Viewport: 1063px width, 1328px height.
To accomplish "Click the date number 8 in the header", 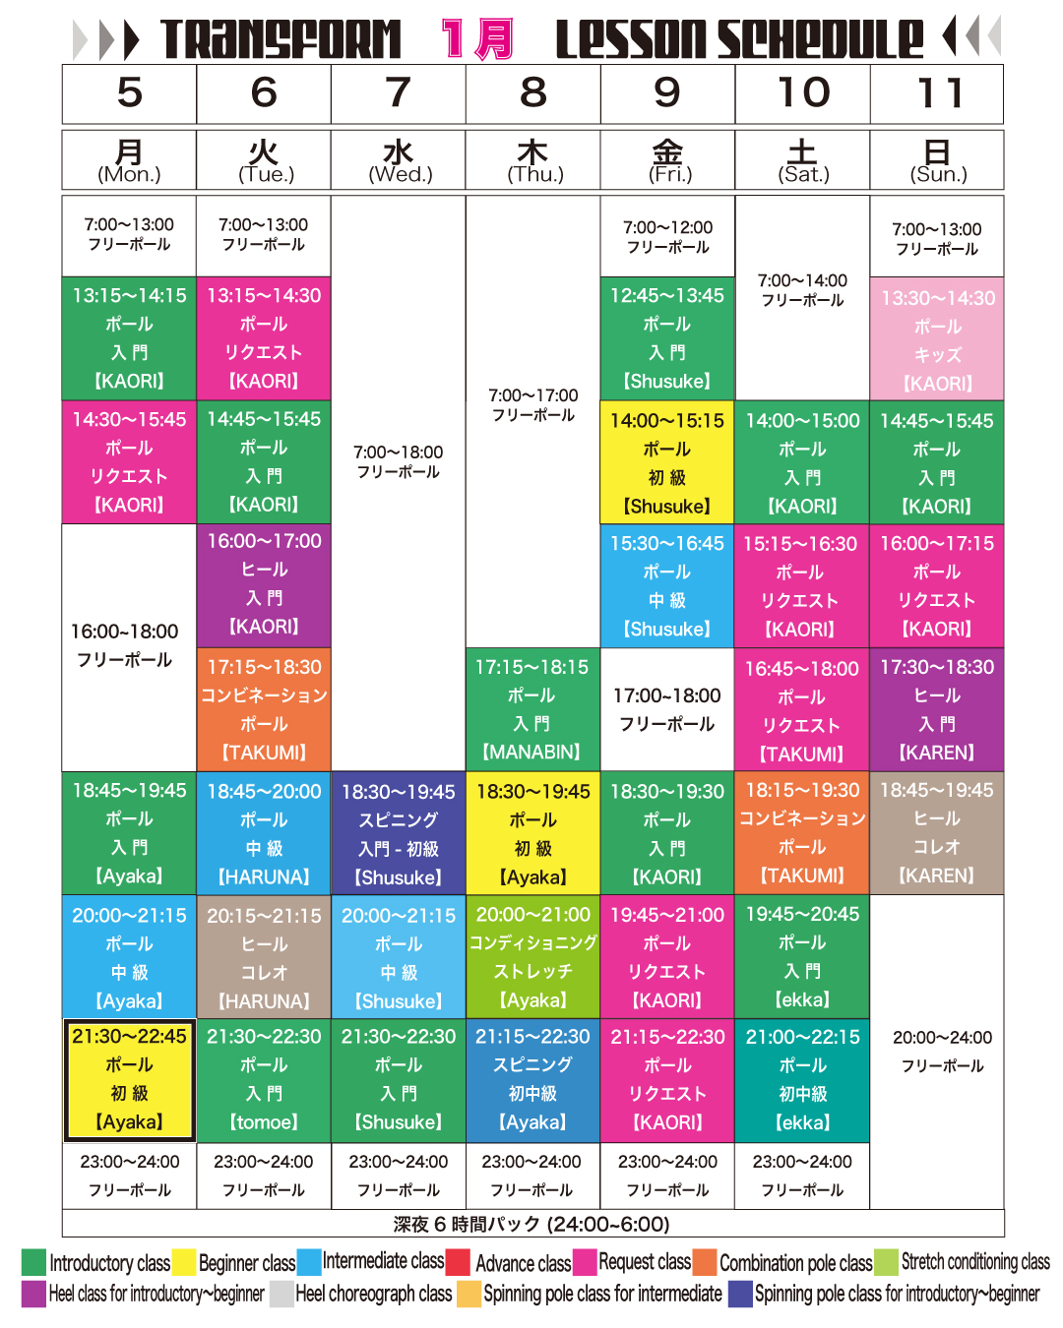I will coord(532,93).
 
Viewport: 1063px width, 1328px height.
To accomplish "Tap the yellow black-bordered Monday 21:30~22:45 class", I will coord(129,1079).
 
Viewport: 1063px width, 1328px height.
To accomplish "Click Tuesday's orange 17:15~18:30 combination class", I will coord(264,709).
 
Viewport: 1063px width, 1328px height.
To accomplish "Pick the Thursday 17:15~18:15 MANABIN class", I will coord(532,709).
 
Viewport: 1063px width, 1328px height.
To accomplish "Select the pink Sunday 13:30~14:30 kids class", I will coord(937,340).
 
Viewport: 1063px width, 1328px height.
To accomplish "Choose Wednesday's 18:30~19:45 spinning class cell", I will coord(399,833).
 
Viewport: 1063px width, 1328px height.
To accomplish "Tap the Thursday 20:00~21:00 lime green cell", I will coord(532,956).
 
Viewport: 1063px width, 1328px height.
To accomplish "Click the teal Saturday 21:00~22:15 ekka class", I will coord(802,1079).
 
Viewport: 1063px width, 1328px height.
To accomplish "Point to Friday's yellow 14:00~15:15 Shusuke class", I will coord(667,462).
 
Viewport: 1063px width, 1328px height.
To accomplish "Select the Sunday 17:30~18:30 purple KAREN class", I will coord(937,709).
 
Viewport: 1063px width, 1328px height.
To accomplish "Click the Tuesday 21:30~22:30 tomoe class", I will coord(264,1079).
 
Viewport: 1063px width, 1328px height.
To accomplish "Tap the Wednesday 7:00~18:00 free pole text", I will coord(399,461).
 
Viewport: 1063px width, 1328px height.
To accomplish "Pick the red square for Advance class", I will coord(458,1262).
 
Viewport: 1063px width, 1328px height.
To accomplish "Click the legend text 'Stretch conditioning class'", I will coord(974,1262).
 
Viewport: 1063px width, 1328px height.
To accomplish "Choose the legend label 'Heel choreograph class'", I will coord(373,1294).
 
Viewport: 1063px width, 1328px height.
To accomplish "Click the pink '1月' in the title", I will coord(477,39).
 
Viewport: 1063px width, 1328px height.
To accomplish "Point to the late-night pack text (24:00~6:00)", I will coord(531,1224).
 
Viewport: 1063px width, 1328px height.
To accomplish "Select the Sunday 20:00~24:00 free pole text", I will coord(942,1052).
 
